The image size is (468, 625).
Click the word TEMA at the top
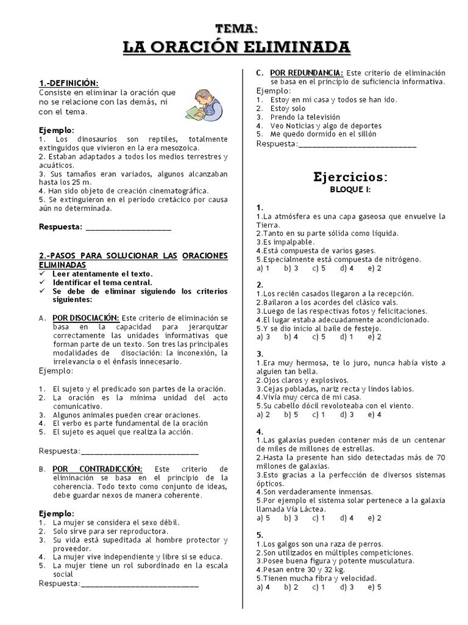click(237, 28)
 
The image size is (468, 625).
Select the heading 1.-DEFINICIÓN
click(68, 83)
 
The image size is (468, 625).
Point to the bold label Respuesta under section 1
click(60, 226)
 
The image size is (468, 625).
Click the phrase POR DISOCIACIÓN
click(85, 318)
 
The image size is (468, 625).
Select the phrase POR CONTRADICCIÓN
click(97, 468)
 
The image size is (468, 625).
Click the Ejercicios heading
click(350, 177)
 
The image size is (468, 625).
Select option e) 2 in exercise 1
click(375, 267)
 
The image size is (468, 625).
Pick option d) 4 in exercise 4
click(347, 518)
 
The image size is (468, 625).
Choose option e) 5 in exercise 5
click(375, 587)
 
